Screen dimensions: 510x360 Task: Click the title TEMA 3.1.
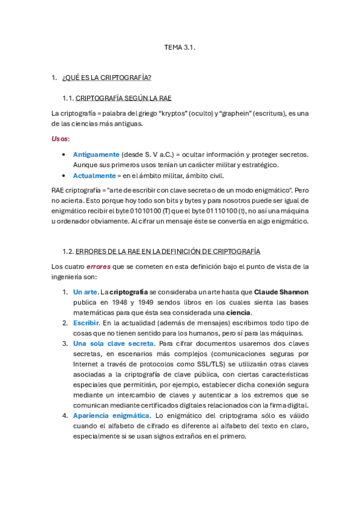click(180, 46)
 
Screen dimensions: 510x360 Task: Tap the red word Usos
click(59, 138)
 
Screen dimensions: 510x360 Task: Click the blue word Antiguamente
click(96, 155)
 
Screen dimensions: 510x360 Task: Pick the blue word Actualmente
click(94, 176)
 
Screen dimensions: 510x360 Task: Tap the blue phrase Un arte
click(85, 292)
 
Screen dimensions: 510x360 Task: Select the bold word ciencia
click(239, 313)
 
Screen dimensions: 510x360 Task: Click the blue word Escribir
click(87, 323)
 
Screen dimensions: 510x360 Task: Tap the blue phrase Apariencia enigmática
click(111, 416)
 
